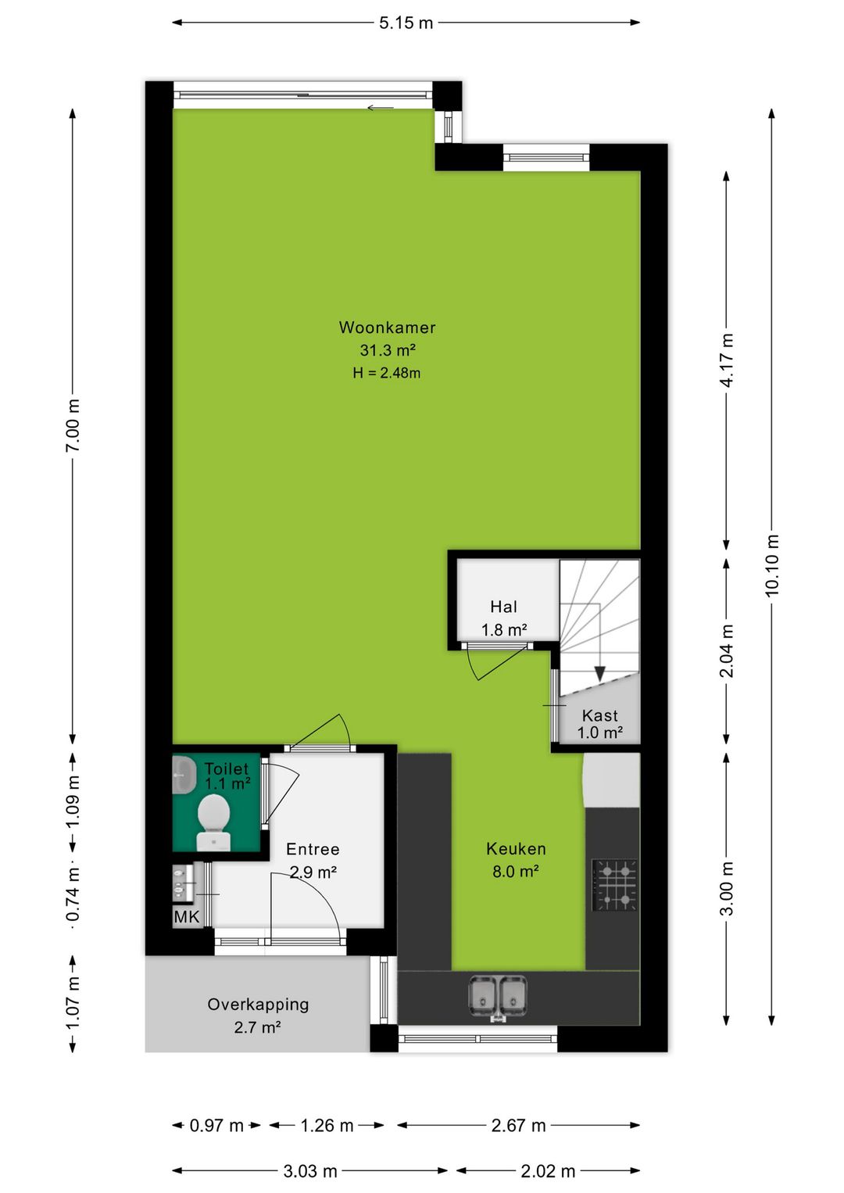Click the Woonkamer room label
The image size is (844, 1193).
click(387, 327)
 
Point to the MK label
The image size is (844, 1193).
click(186, 916)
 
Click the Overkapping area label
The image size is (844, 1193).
click(258, 1005)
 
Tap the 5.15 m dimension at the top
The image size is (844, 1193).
click(406, 23)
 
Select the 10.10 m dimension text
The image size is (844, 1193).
click(771, 566)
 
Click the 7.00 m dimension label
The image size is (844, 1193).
click(73, 425)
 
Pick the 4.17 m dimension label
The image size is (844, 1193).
click(726, 360)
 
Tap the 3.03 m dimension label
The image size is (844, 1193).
click(310, 1171)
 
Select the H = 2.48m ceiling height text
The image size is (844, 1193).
click(387, 373)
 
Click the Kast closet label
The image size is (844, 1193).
click(599, 715)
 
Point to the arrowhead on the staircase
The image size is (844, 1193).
click(599, 674)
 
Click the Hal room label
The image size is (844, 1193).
click(503, 606)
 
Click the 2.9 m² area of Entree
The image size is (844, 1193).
click(313, 872)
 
